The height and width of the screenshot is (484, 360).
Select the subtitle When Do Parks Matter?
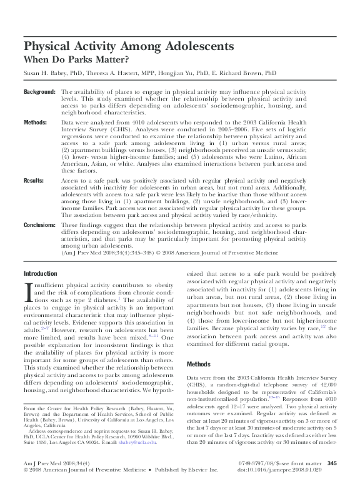(x=76, y=60)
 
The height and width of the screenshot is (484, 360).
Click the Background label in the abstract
(x=39, y=92)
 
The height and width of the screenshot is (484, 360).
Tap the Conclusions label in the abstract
(x=40, y=224)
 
